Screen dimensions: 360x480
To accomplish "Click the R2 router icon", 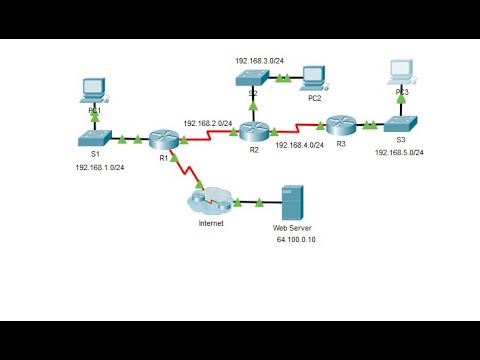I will coord(255,129).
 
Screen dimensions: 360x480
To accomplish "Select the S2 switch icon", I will coord(253,76).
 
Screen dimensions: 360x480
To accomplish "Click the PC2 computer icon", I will coord(314,77).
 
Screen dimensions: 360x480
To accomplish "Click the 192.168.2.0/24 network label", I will coord(208,123).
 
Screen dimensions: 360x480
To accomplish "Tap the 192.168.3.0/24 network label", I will coord(259,60).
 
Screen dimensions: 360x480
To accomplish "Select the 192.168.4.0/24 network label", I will coord(299,145).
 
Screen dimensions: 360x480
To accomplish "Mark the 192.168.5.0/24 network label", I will coord(400,153).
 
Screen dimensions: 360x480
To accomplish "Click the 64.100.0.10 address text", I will coord(296,241).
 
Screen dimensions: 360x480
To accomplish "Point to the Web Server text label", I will coord(293,227).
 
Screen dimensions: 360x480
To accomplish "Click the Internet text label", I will coord(210,224).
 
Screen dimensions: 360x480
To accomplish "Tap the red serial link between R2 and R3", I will coord(298,128).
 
